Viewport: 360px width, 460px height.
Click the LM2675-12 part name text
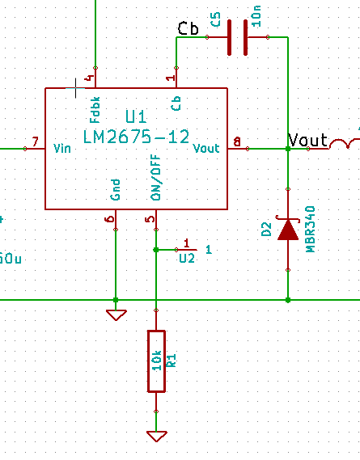coord(137,137)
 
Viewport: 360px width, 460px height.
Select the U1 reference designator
coord(137,119)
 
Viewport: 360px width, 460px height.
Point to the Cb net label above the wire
coord(188,28)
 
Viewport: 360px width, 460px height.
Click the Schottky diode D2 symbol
coord(288,230)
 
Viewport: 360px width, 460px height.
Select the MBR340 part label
coord(309,229)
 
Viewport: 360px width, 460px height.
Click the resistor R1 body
coord(155,361)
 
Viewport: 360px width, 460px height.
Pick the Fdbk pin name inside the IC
coord(95,104)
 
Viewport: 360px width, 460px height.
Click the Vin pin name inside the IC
coord(62,149)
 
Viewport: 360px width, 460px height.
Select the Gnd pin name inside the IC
coord(115,189)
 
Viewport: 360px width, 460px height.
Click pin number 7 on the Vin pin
coord(34,142)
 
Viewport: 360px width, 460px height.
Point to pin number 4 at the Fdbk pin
coord(89,79)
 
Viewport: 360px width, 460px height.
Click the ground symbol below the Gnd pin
coord(116,314)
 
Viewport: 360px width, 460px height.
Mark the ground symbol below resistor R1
coord(155,436)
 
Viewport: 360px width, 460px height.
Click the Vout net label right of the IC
coord(307,141)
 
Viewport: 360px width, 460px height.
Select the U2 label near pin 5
coord(187,258)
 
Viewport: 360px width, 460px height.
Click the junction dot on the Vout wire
coord(288,149)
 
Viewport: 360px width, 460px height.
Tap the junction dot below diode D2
coord(288,300)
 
